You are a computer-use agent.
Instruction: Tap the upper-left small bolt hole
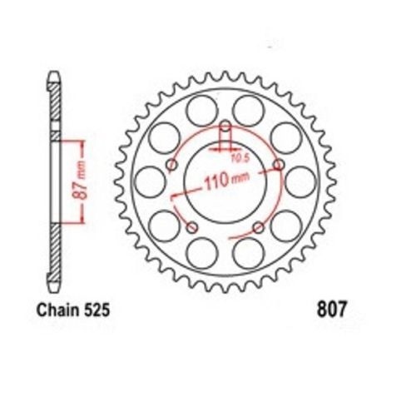coord(171,165)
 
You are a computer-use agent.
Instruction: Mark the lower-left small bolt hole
coord(191,226)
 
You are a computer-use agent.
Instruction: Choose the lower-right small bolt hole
coord(258,226)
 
